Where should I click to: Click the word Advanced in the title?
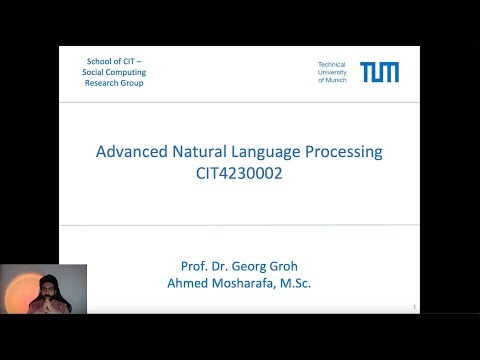[x=129, y=153]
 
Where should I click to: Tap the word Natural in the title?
[x=200, y=153]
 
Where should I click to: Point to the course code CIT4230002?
[x=239, y=174]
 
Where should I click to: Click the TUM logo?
[x=379, y=72]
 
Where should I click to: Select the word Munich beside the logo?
[x=338, y=80]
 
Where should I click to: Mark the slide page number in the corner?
[x=413, y=308]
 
